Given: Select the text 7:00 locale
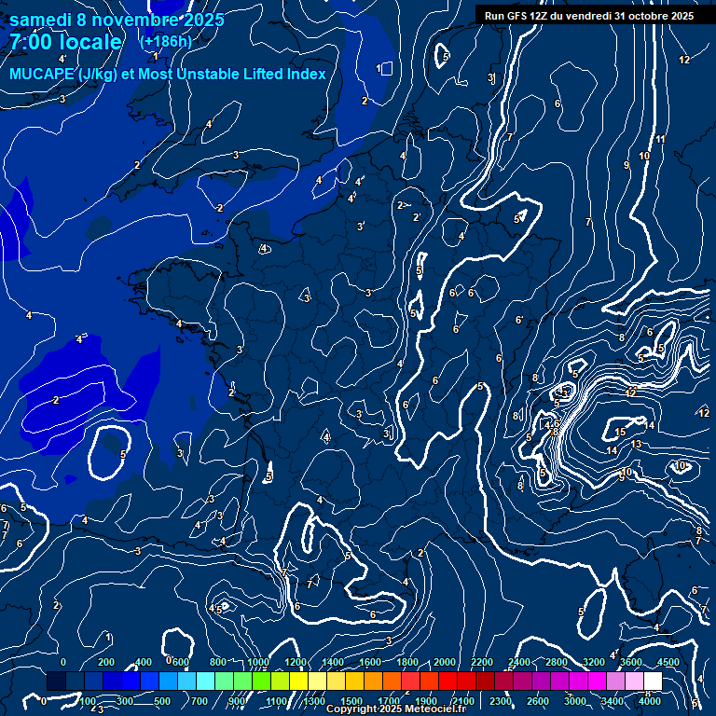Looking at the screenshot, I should click(x=66, y=42).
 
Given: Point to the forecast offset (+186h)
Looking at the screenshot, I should click(x=166, y=42).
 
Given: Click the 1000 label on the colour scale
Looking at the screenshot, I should click(x=257, y=662).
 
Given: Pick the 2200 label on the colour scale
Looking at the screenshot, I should click(x=482, y=662).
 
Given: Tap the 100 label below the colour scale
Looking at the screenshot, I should click(x=88, y=701).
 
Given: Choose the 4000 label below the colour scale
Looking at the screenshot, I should click(x=650, y=701).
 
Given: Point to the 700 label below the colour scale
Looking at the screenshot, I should click(x=200, y=701).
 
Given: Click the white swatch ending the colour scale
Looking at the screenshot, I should click(x=653, y=682).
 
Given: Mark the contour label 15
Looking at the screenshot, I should click(x=620, y=433).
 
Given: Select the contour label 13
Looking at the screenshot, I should click(x=636, y=445).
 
